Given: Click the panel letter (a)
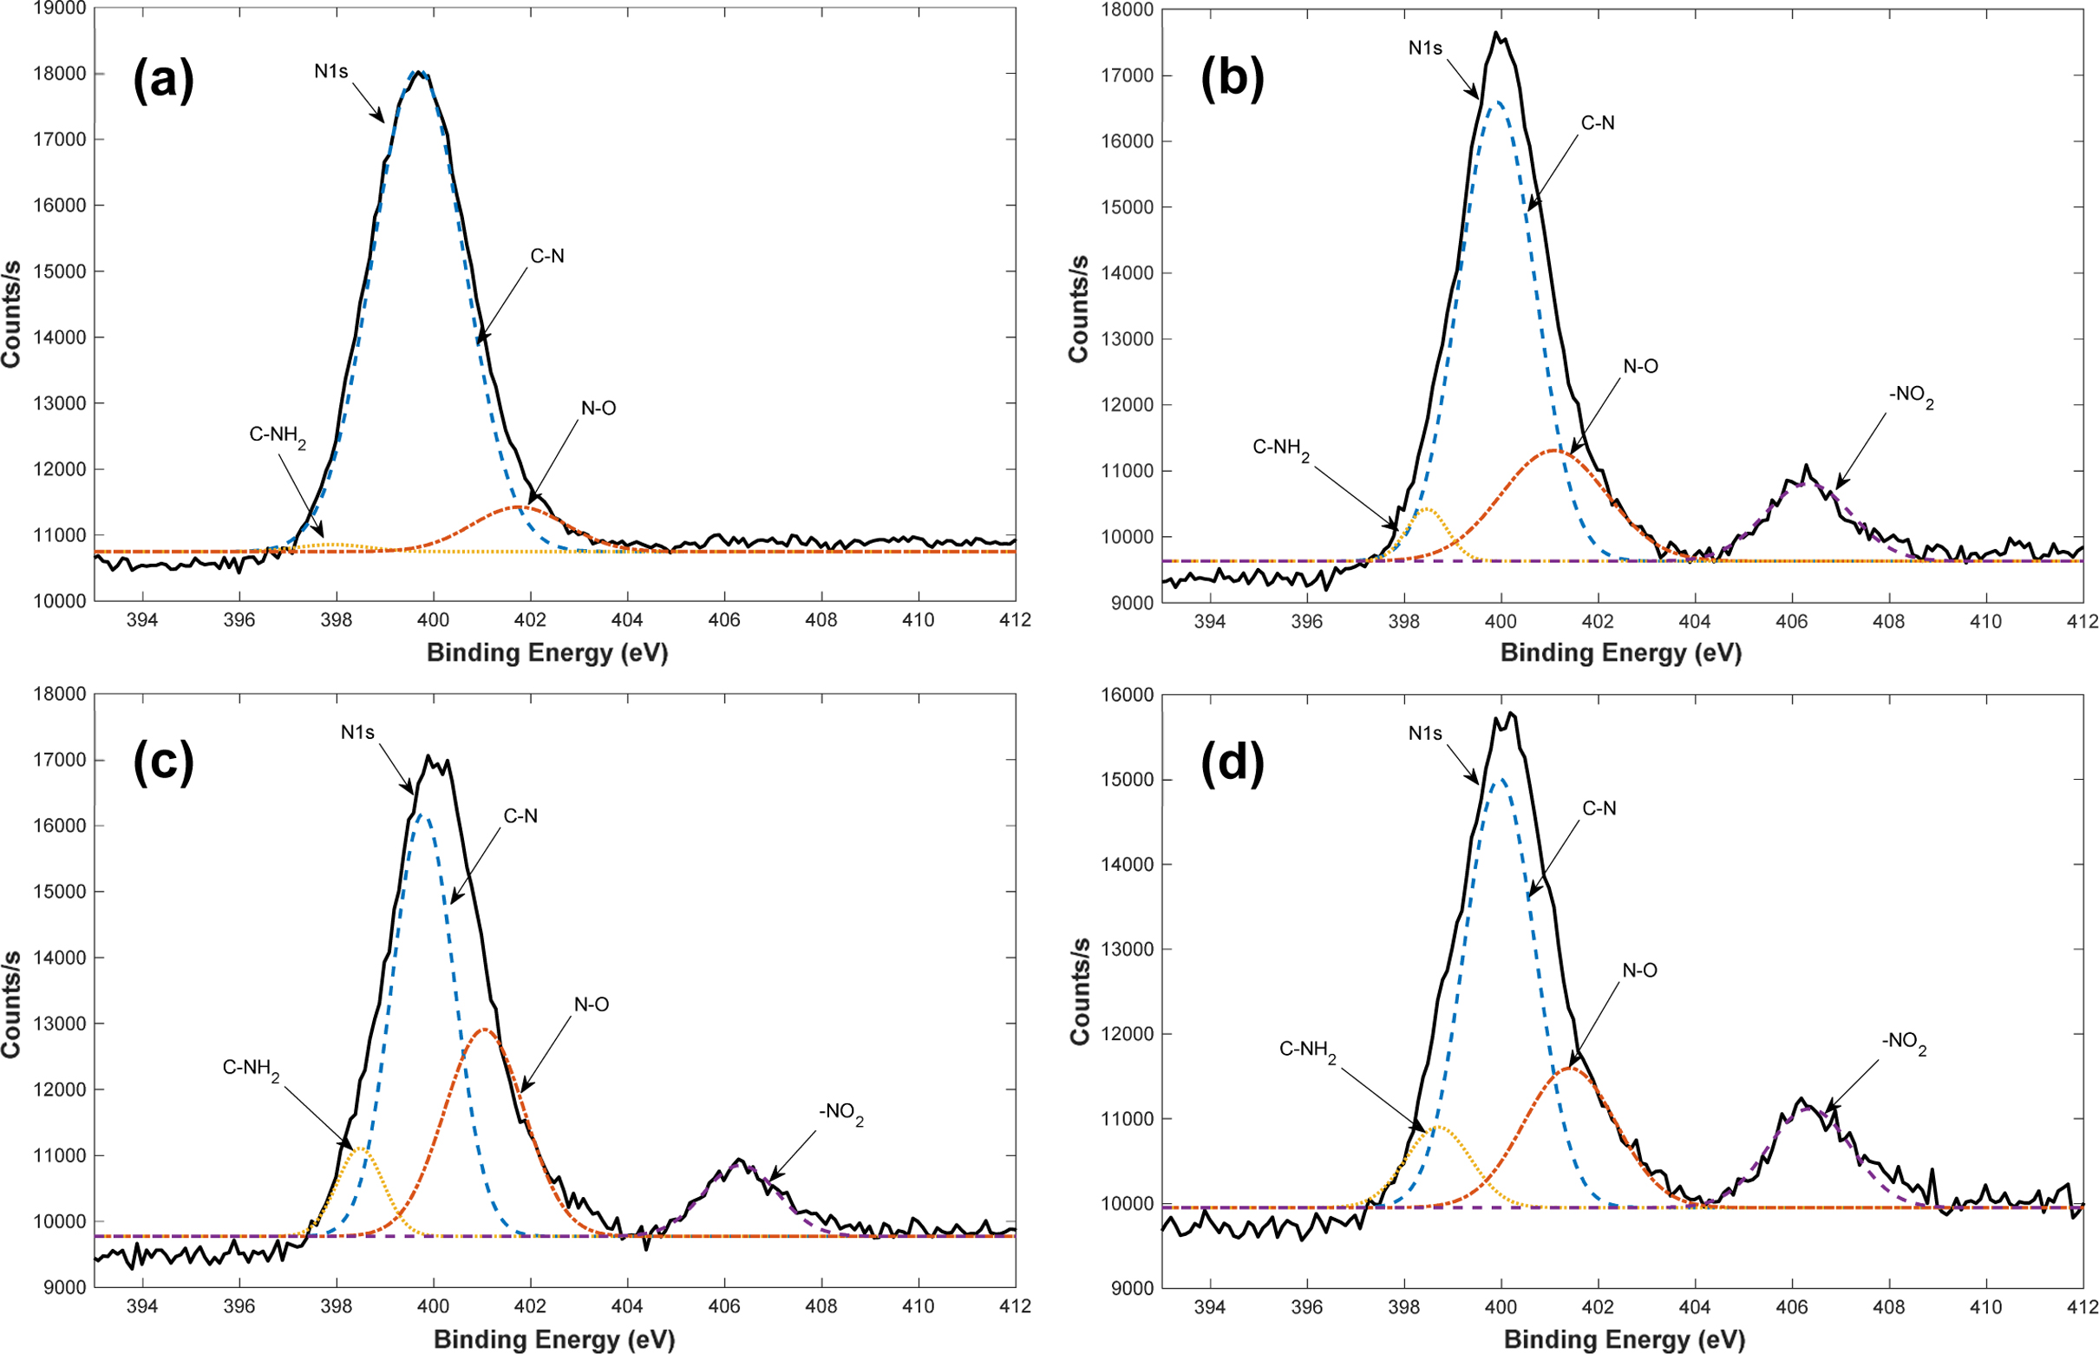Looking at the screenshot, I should [x=163, y=81].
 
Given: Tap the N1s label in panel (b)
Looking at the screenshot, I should [x=1425, y=49].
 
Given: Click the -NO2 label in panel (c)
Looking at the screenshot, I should [x=840, y=1113].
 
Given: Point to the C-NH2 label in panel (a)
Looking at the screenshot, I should [x=277, y=435].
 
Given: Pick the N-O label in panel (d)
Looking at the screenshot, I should [x=1639, y=971].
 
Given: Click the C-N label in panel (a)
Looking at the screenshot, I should [x=546, y=256].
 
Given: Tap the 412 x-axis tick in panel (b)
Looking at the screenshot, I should [x=2083, y=622].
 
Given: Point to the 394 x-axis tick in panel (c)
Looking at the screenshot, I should [x=142, y=1306].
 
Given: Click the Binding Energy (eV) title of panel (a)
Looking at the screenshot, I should [x=546, y=653].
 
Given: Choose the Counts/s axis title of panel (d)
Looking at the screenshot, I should [x=1079, y=991].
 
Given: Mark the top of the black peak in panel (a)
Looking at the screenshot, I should [x=420, y=72].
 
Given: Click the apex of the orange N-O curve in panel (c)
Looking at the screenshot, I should [x=484, y=1029].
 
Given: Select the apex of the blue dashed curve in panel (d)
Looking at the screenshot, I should [x=1501, y=778].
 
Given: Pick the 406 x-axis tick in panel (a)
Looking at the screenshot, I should [x=724, y=620].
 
